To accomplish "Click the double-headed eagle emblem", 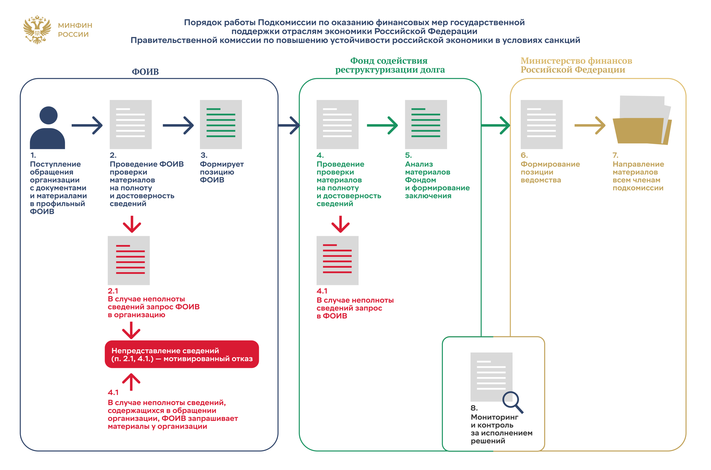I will point(37,30).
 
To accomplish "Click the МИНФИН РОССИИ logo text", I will point(75,30).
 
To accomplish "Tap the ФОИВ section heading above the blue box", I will point(145,72).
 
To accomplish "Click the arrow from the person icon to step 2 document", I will point(87,125).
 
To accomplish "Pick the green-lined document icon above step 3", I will point(221,124).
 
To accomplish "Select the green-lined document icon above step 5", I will point(426,124).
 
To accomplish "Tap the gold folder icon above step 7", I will point(642,123).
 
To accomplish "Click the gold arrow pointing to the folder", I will point(590,125).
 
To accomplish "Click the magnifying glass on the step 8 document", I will point(512,402).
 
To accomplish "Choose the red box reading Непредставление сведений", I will point(182,354).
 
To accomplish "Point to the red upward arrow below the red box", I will point(131,381).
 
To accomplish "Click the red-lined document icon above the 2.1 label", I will point(129,260).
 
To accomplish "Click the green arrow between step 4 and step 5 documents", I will point(382,125).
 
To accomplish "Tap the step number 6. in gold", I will point(524,155).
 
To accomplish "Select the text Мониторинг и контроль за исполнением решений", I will point(501,429).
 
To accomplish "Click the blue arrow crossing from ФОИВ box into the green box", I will point(289,125).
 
